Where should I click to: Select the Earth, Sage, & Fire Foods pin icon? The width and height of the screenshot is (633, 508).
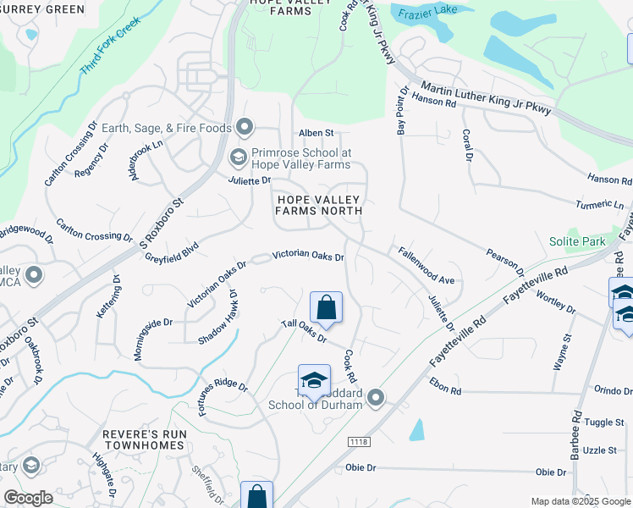(245, 128)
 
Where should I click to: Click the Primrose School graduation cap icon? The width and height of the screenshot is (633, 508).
(238, 157)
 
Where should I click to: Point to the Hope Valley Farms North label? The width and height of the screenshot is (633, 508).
(319, 206)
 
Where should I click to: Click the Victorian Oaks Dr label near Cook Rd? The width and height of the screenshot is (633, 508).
(308, 256)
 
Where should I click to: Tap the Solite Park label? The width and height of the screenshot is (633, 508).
(577, 241)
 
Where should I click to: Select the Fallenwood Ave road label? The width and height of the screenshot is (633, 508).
(427, 265)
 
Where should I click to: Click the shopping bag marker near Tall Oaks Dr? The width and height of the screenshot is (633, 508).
(326, 307)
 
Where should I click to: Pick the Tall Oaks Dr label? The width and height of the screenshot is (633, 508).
(304, 332)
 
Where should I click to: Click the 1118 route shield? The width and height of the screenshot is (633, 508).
(359, 441)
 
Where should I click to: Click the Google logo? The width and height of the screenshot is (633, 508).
(28, 498)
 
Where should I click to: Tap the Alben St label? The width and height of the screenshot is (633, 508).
(316, 133)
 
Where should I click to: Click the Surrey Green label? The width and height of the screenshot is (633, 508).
(42, 9)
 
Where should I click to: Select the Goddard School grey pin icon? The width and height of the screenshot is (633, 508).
(377, 396)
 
